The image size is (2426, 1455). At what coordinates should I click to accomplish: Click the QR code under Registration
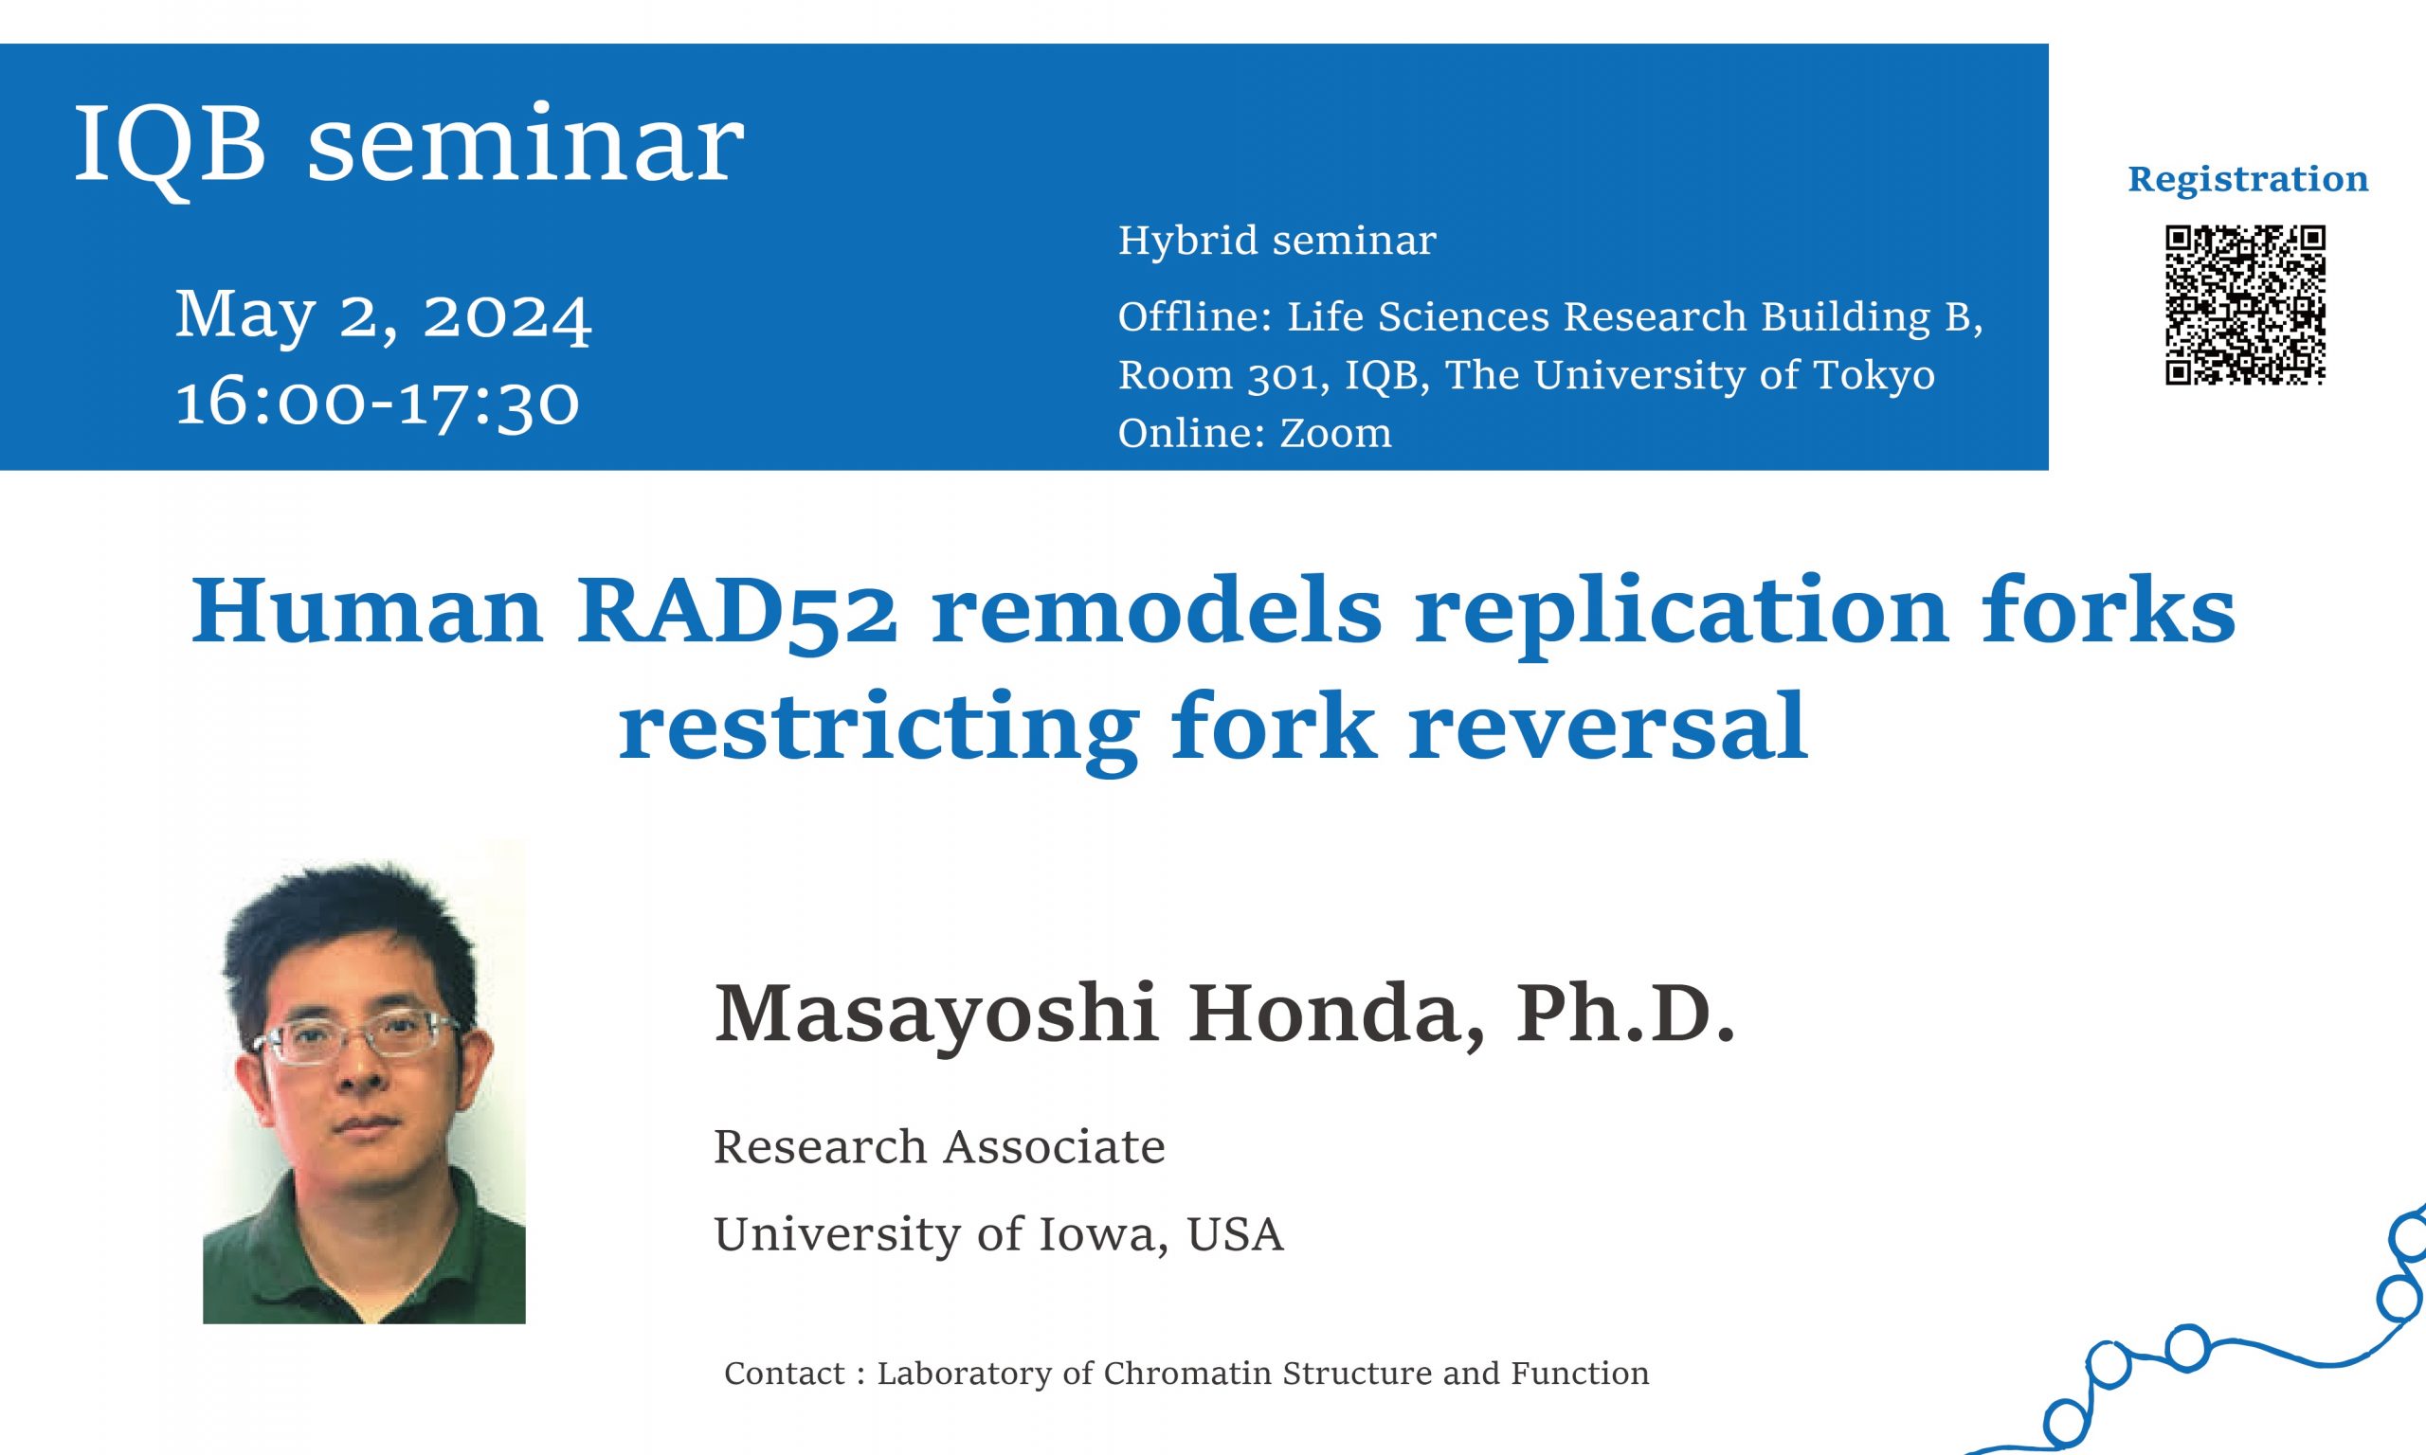point(2246,305)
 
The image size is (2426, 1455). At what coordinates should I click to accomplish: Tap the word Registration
point(2248,180)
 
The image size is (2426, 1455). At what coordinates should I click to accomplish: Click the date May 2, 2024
point(384,315)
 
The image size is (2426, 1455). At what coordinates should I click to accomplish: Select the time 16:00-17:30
point(377,403)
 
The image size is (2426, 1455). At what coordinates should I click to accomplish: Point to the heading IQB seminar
point(408,145)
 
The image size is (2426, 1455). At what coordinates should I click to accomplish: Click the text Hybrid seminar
point(1276,242)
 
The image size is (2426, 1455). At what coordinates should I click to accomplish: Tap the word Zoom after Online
point(1335,433)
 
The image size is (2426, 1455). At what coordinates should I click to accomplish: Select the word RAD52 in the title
point(735,611)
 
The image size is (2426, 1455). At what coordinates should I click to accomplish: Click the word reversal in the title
point(1608,727)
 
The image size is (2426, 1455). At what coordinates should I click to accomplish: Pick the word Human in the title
point(367,611)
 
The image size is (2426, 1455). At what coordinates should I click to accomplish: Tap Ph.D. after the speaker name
point(1626,1013)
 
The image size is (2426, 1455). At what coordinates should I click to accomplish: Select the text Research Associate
point(939,1147)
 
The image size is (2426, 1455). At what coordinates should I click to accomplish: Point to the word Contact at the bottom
point(785,1374)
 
